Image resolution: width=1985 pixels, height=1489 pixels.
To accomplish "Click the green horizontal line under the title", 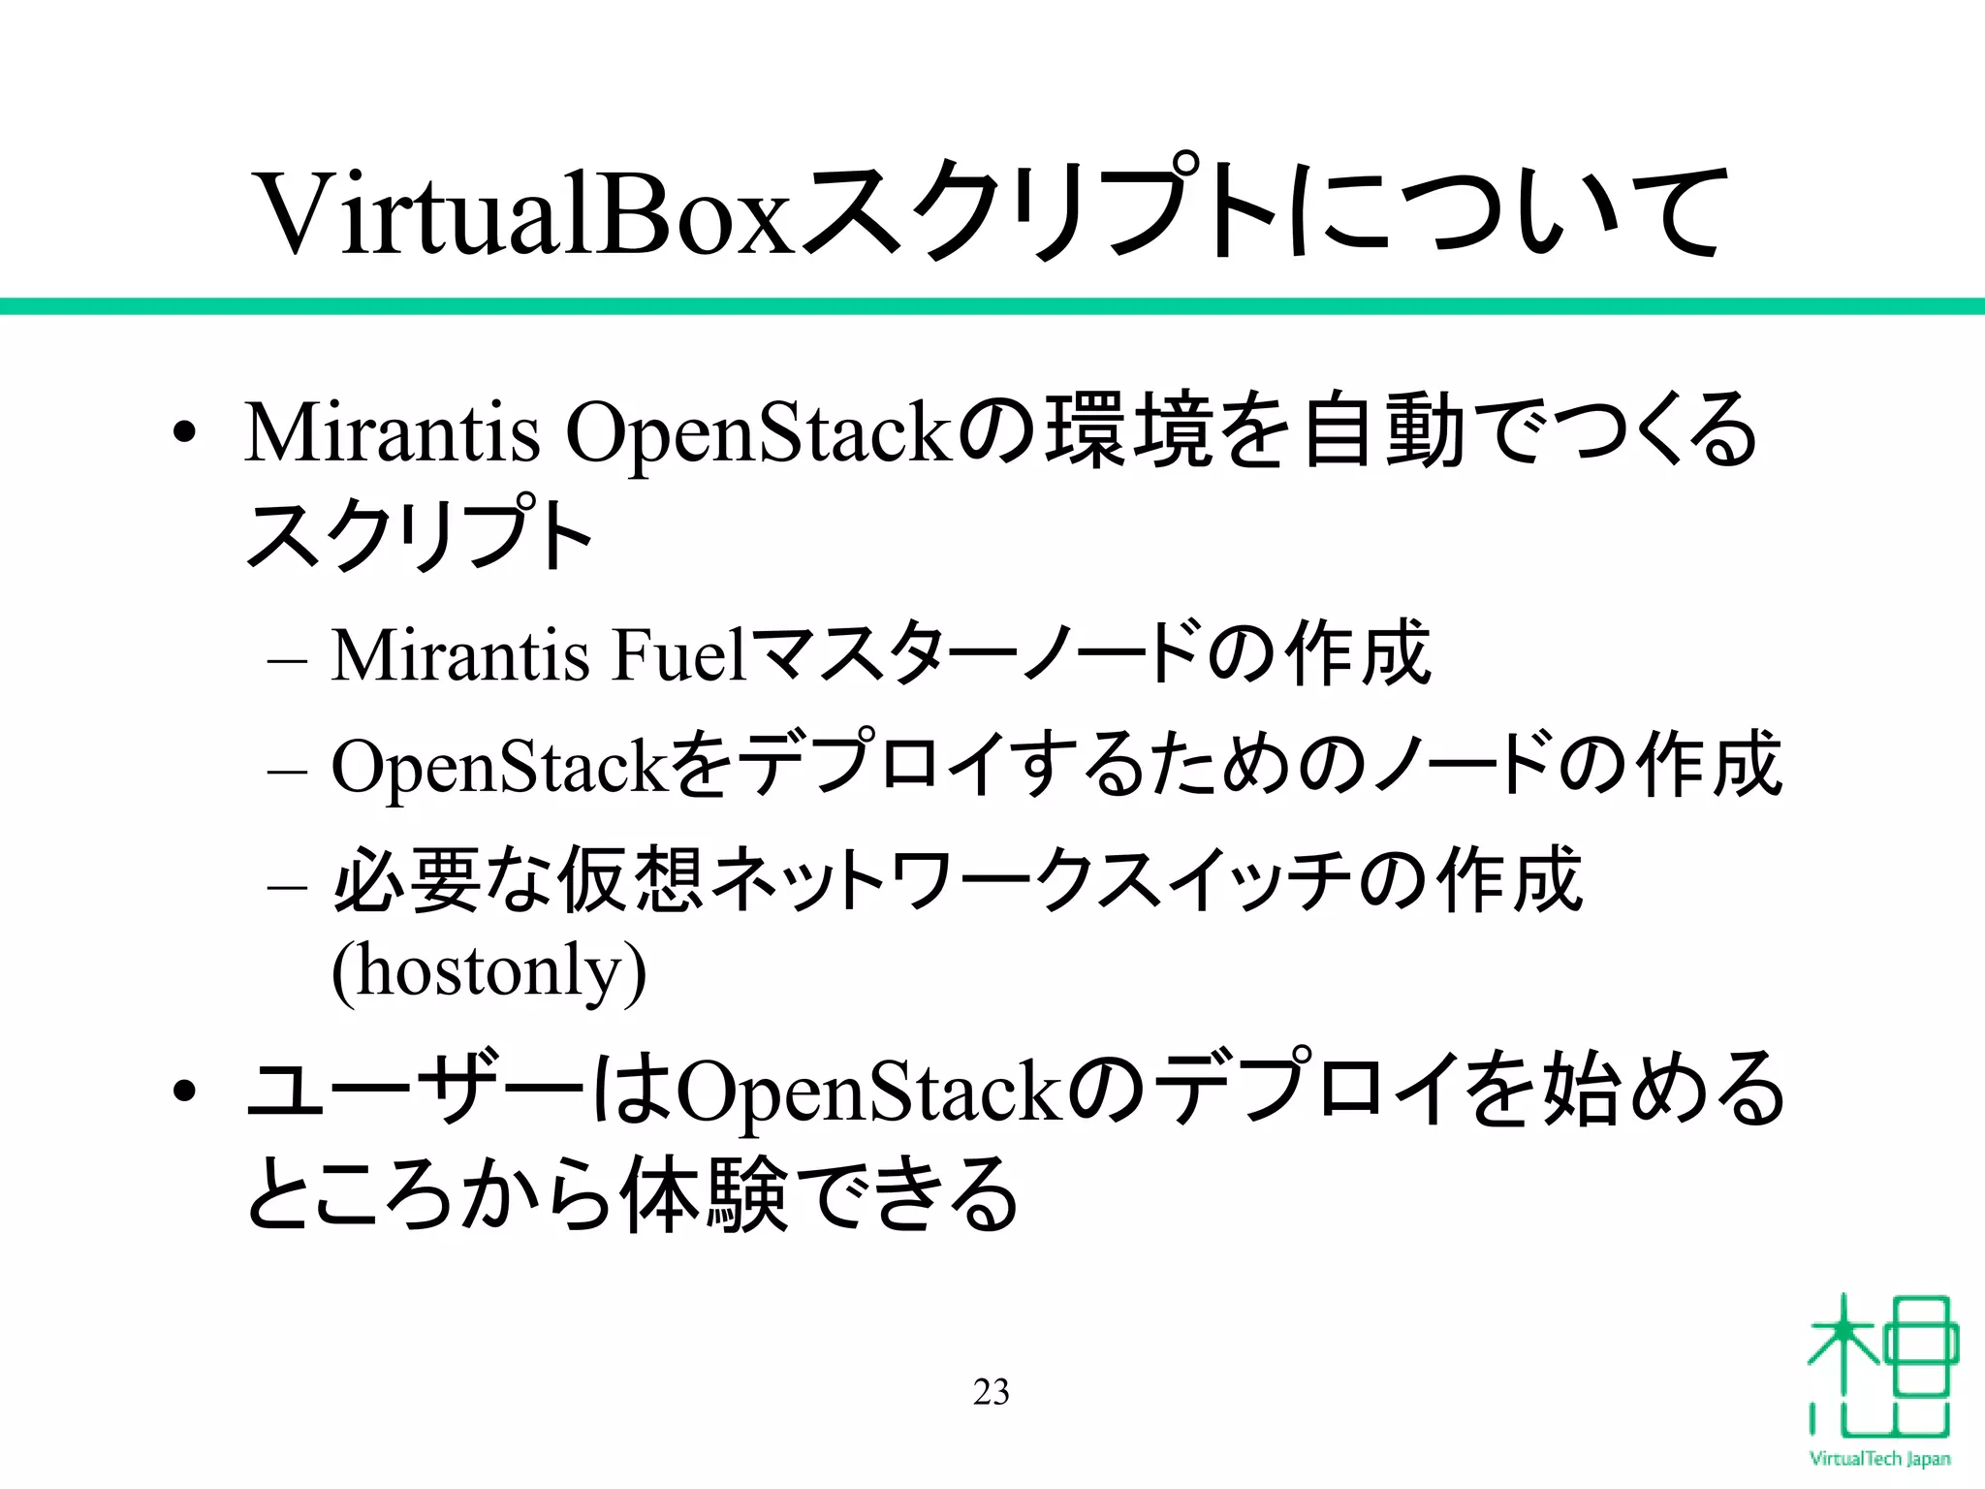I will coord(992,306).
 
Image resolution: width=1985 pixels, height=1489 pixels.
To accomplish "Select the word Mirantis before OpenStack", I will coord(392,432).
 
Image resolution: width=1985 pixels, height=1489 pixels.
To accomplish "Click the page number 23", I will coord(991,1392).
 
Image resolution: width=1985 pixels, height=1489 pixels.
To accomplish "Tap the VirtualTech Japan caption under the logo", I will coord(1879,1459).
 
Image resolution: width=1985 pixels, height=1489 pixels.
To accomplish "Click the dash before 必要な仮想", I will coord(287,885).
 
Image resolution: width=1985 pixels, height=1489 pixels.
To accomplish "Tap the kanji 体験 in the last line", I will coord(704,1194).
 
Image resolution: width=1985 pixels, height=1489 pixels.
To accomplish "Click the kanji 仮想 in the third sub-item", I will coord(630,880).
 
